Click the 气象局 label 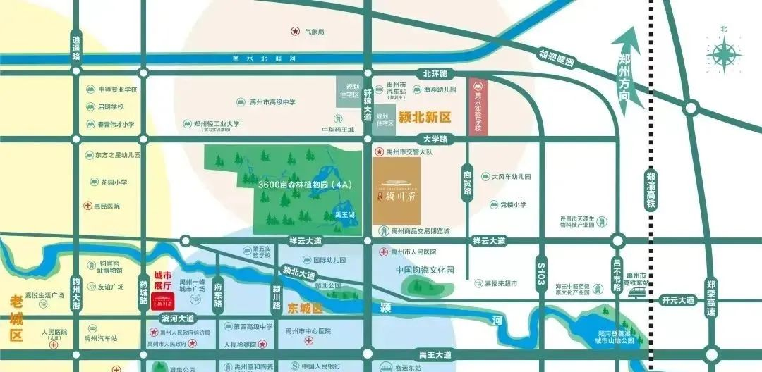pyautogui.click(x=314, y=32)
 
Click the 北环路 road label pyautogui.click(x=436, y=73)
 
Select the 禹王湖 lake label pyautogui.click(x=345, y=214)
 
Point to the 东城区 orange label pyautogui.click(x=305, y=309)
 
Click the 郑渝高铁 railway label pyautogui.click(x=650, y=190)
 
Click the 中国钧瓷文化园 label pyautogui.click(x=425, y=270)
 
